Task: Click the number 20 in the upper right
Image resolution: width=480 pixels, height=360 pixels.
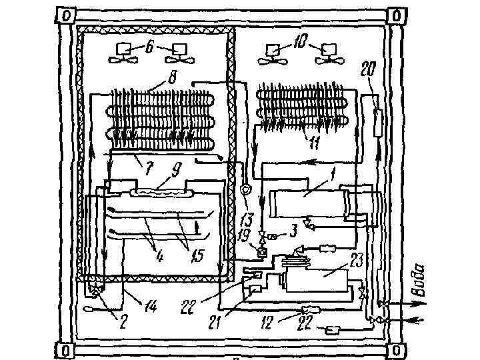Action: coord(366,69)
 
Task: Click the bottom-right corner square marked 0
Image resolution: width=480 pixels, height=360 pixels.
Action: coord(397,349)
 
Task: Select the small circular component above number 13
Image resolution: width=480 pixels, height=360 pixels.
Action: coord(245,189)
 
